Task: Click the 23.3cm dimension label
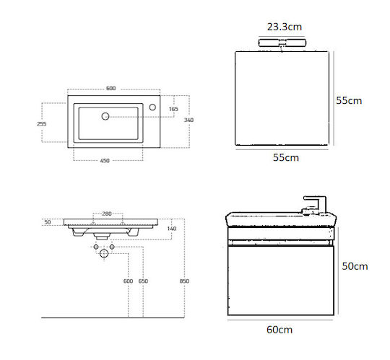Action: [x=285, y=27]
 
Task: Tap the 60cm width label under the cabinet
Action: [x=279, y=330]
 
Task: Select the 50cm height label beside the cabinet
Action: [x=355, y=266]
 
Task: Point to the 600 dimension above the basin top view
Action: [x=111, y=88]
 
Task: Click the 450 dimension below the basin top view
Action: [x=105, y=160]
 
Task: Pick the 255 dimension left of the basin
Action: [x=42, y=123]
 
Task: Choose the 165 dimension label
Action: [x=173, y=109]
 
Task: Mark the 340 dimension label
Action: [x=188, y=120]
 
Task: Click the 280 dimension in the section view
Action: [x=107, y=214]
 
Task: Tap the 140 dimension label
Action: [x=172, y=229]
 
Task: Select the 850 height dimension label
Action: [x=184, y=281]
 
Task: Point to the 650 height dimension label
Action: [x=143, y=281]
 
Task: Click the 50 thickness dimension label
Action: [x=48, y=222]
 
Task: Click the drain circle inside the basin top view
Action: [x=105, y=116]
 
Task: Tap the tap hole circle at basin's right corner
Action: [x=152, y=107]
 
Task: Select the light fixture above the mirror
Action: [x=282, y=43]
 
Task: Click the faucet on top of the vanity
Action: [x=314, y=205]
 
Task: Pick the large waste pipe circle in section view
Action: [x=104, y=253]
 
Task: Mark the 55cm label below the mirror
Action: [x=286, y=157]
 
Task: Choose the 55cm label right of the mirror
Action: [x=349, y=100]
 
